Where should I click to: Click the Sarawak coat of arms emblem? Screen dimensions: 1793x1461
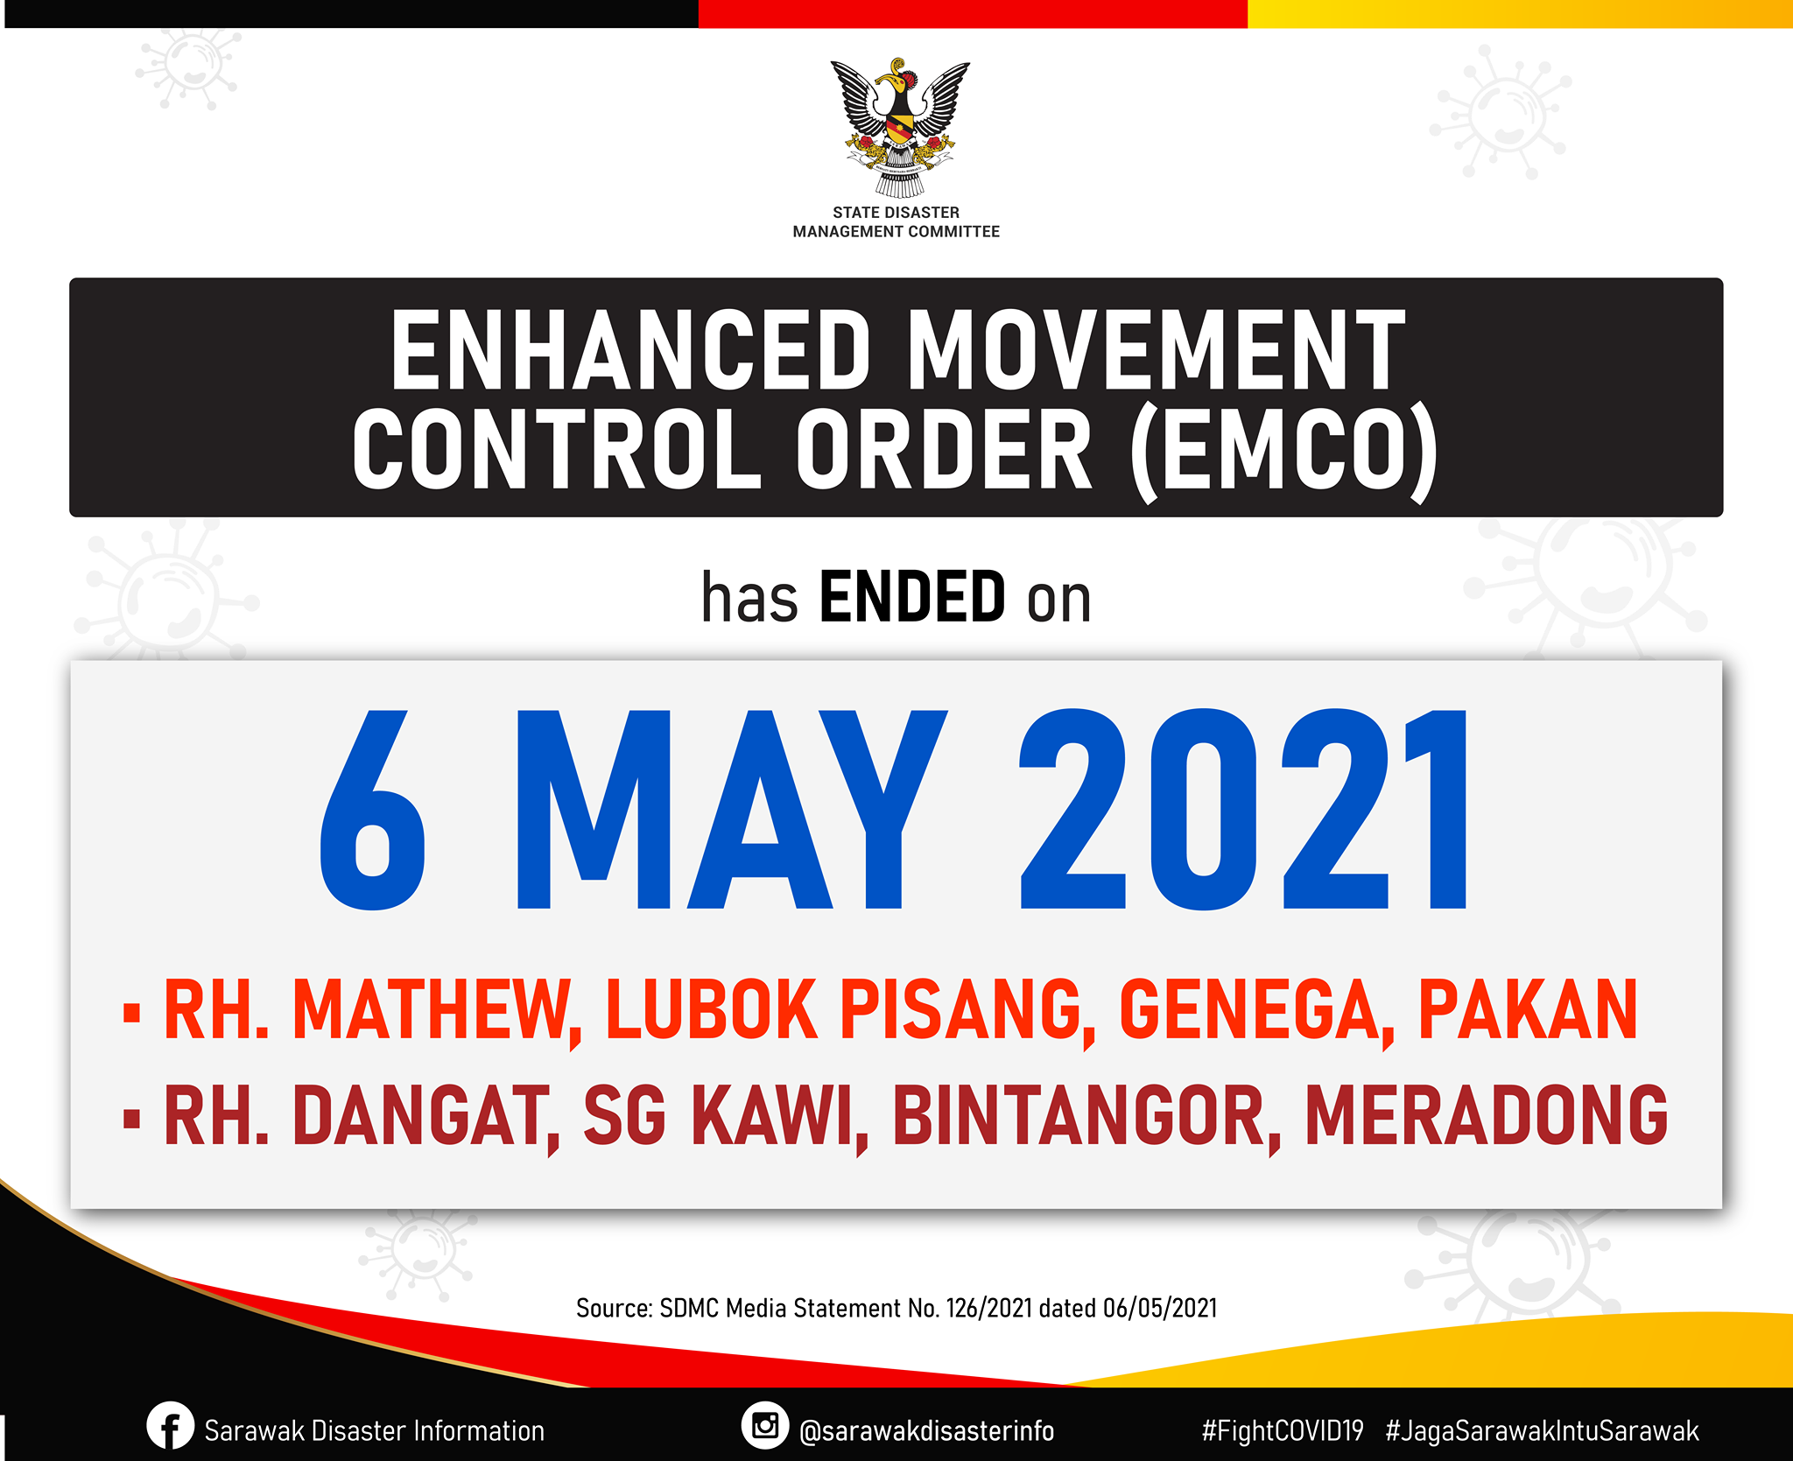coord(899,128)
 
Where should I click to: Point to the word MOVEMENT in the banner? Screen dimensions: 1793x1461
coord(1157,350)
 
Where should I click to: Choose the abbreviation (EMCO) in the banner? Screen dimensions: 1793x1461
coord(1284,449)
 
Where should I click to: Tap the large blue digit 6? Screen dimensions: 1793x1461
coord(373,809)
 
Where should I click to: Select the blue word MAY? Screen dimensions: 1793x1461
coord(732,809)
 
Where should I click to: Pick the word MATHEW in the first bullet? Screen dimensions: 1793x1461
coord(436,1011)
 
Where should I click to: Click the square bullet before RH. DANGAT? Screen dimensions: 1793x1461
coord(132,1120)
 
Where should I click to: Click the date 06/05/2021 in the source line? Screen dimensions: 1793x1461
coord(1160,1309)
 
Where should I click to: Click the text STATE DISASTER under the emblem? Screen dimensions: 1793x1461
coord(896,213)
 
